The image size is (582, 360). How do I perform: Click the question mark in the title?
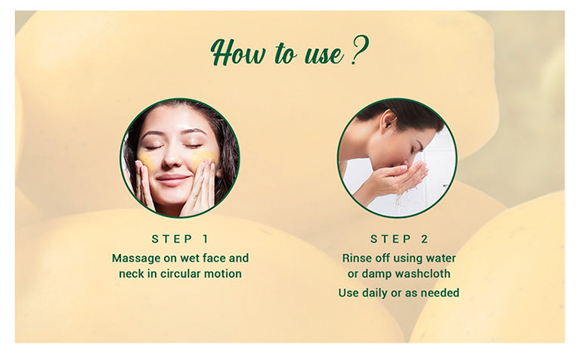click(x=359, y=50)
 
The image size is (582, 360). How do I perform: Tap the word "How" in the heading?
click(x=238, y=53)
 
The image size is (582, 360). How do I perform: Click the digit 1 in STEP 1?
click(x=206, y=239)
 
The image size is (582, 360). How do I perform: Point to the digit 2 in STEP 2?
click(x=425, y=239)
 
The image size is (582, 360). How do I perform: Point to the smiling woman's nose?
click(x=172, y=158)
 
